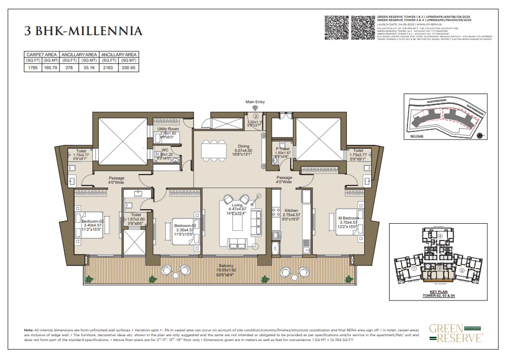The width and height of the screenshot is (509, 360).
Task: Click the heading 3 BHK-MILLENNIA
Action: (84, 31)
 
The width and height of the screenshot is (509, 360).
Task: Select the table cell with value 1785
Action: (33, 68)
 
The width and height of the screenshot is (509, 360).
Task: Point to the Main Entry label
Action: (256, 102)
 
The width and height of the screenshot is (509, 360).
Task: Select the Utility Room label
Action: (168, 129)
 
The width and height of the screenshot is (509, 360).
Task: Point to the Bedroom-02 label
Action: (93, 221)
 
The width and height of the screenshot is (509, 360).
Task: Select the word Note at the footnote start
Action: (29, 330)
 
